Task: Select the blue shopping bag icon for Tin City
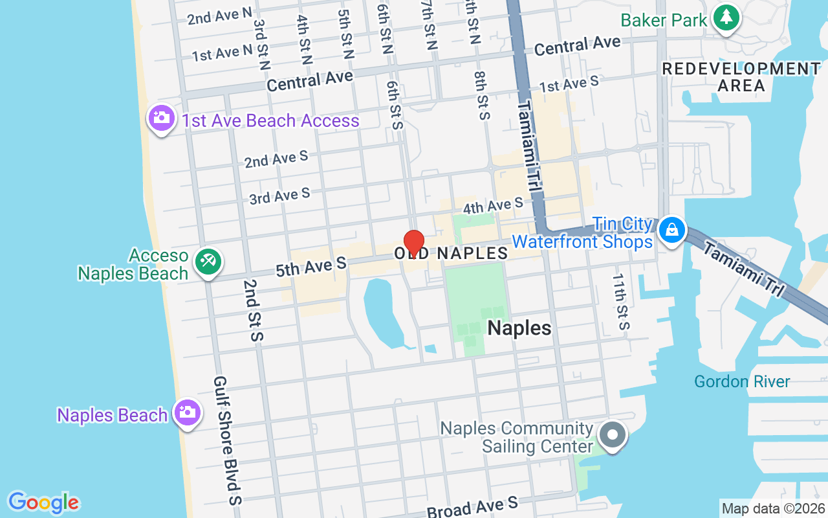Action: tap(672, 230)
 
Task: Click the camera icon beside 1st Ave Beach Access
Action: tap(161, 118)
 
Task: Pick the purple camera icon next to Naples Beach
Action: tap(188, 412)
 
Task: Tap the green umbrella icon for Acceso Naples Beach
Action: tap(208, 262)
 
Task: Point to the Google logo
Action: tap(43, 502)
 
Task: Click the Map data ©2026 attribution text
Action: tap(772, 508)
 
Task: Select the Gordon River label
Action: tap(742, 381)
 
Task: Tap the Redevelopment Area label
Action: tap(741, 76)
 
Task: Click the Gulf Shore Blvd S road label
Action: tap(227, 440)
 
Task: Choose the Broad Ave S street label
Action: tap(472, 507)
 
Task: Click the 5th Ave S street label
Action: tap(311, 266)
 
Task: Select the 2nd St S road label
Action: tap(253, 310)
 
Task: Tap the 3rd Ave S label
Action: tap(279, 196)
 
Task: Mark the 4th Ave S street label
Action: tap(493, 207)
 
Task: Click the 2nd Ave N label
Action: tap(219, 16)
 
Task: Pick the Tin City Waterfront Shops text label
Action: tap(582, 233)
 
